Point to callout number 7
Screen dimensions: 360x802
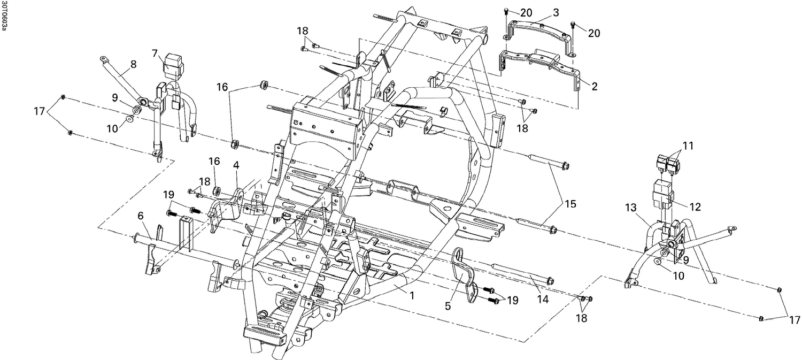pyautogui.click(x=155, y=53)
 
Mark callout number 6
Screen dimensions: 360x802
pyautogui.click(x=140, y=216)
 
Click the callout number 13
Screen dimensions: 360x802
pyautogui.click(x=631, y=208)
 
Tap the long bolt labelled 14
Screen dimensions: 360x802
pyautogui.click(x=521, y=272)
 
